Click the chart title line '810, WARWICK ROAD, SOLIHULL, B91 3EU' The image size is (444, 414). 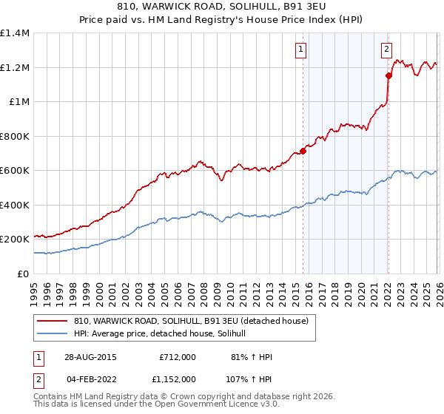point(221,7)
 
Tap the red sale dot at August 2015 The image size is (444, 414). point(303,152)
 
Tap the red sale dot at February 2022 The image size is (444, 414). point(388,75)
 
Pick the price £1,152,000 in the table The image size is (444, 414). point(174,379)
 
